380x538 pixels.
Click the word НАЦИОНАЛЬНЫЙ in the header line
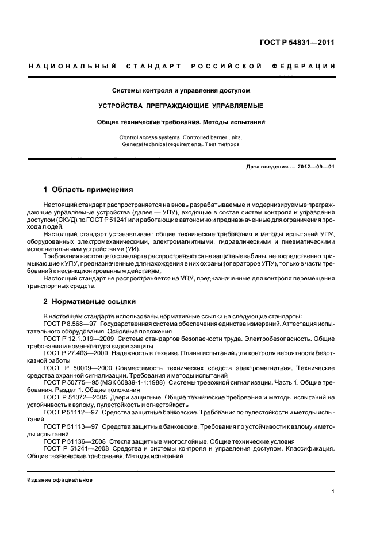pyautogui.click(x=73, y=67)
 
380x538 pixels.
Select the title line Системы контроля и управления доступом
pyautogui.click(x=181, y=90)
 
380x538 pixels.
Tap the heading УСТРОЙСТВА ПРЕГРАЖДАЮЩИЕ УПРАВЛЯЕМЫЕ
pyautogui.click(x=181, y=106)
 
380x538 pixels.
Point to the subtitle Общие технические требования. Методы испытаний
pyautogui.click(x=181, y=122)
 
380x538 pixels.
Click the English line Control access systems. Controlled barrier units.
pyautogui.click(x=181, y=137)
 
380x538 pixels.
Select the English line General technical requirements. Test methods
pyautogui.click(x=181, y=144)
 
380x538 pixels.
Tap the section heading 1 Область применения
pyautogui.click(x=88, y=189)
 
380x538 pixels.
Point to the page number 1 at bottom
pyautogui.click(x=333, y=491)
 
